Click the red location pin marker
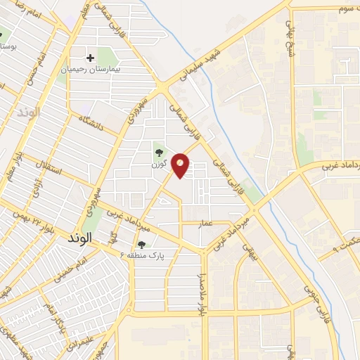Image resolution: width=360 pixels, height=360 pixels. point(181,165)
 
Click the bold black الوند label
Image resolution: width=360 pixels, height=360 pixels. point(80,239)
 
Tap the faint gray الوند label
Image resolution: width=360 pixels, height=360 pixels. point(32,112)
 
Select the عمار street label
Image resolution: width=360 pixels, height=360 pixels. point(205,222)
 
